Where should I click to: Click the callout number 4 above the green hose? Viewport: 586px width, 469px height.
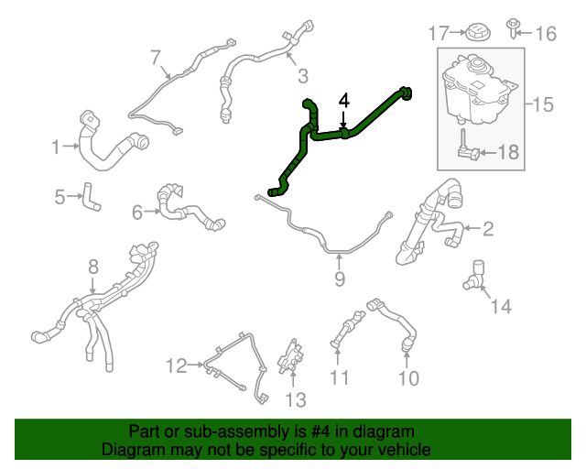coord(344,100)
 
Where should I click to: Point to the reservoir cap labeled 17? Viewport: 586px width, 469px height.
coord(479,34)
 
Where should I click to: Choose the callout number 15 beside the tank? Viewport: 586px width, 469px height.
coord(542,104)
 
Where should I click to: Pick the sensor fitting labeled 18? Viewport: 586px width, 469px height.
coord(467,148)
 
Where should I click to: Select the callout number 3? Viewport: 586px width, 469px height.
coord(302,75)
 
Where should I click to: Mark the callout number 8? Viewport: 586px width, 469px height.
coord(92,267)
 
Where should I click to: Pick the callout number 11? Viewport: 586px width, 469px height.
coord(340,376)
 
